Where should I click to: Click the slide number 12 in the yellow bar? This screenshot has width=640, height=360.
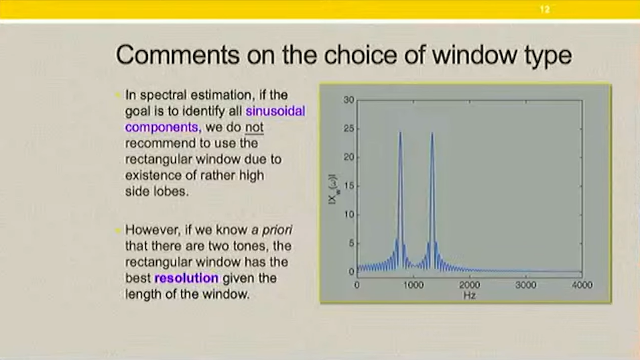click(544, 9)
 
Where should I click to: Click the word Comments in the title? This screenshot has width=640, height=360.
click(178, 55)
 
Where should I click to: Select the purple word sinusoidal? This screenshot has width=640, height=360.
click(275, 111)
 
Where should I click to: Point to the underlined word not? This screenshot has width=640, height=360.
click(254, 127)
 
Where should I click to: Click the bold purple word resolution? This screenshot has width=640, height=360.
click(186, 278)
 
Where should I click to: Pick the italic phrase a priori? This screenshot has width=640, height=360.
click(272, 230)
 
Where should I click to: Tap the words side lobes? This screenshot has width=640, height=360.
click(157, 192)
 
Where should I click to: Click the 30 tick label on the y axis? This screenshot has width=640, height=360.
click(348, 100)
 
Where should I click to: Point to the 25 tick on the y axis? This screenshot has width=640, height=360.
click(348, 129)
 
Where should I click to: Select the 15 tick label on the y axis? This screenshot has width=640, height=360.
click(348, 186)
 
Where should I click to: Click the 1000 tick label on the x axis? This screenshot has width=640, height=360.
click(413, 285)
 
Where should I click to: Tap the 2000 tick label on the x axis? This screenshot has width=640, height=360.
click(469, 285)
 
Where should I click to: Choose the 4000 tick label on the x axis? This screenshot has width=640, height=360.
click(582, 285)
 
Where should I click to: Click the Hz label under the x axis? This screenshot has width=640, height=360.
click(469, 295)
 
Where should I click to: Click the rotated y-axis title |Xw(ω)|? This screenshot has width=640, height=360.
click(333, 189)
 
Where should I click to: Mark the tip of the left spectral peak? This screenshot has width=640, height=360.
click(400, 132)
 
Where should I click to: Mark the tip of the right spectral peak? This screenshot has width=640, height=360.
click(432, 132)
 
